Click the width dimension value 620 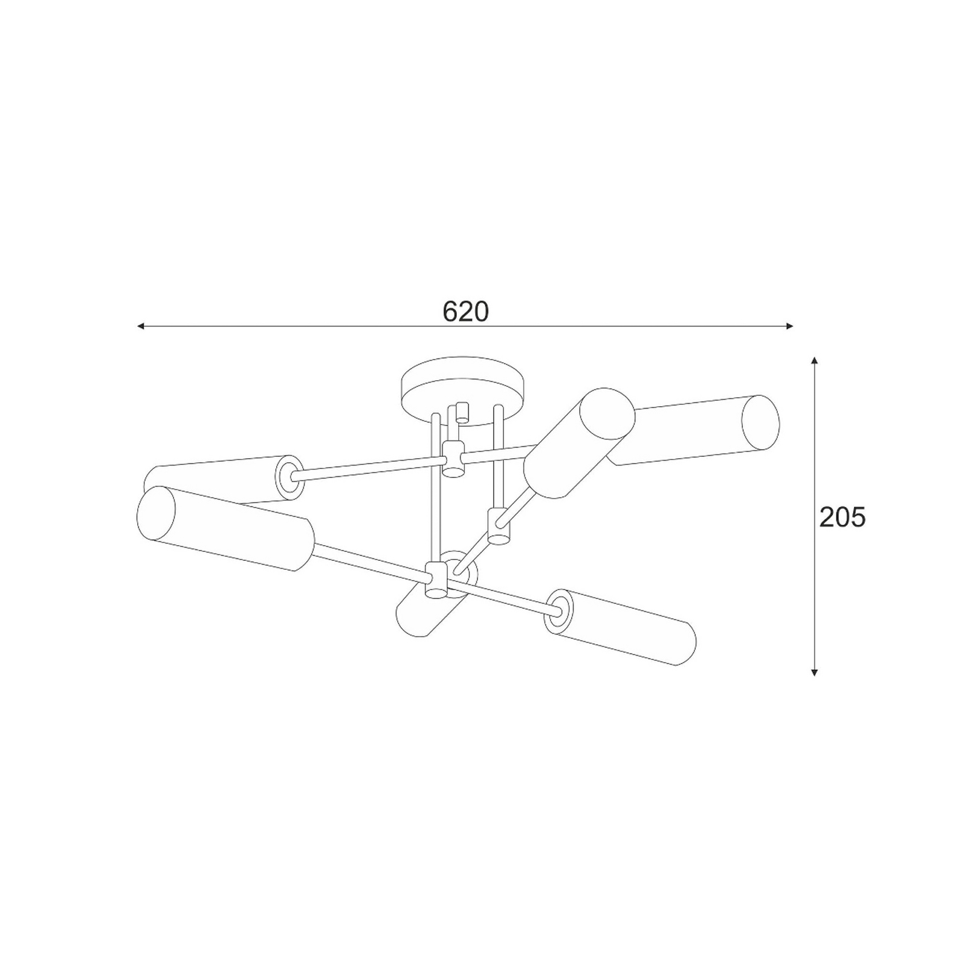click(x=465, y=311)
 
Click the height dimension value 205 click(x=842, y=517)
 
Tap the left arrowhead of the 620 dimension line click(x=140, y=326)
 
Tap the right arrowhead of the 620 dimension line click(x=789, y=326)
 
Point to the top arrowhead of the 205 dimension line click(x=815, y=361)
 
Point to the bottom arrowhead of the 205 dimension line click(x=815, y=671)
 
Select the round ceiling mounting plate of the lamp click(x=464, y=393)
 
